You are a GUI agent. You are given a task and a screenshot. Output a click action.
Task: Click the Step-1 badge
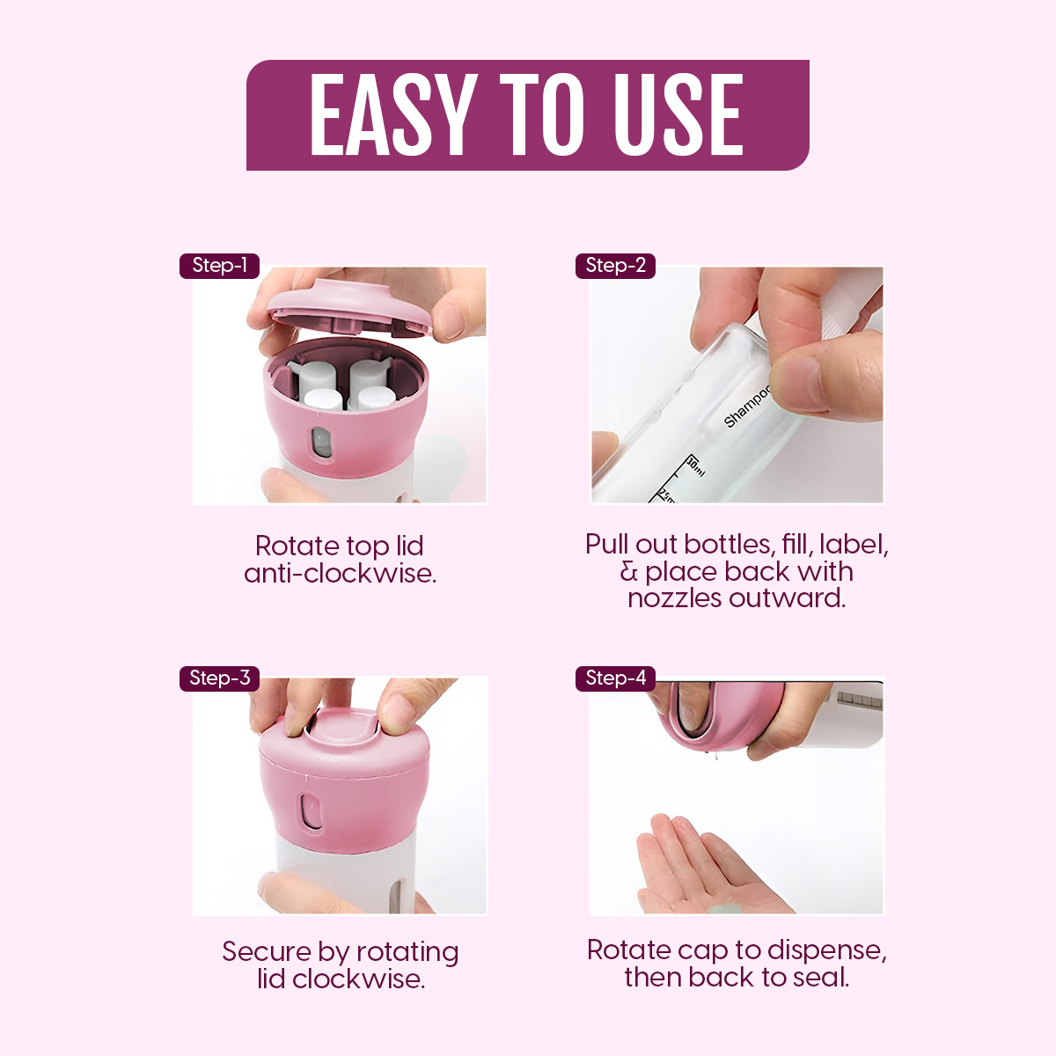tap(219, 266)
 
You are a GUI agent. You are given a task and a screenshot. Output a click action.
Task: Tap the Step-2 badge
tap(615, 266)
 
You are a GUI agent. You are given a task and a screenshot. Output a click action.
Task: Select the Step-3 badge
tap(219, 678)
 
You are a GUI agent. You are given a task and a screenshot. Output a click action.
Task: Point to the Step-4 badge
tap(615, 678)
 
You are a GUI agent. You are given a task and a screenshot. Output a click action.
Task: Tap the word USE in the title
tap(678, 114)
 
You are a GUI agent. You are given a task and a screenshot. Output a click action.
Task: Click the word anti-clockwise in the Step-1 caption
tap(340, 574)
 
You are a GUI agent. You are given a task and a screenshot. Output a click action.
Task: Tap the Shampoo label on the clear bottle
tap(747, 406)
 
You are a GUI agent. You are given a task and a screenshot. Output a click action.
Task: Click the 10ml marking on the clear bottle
tap(695, 466)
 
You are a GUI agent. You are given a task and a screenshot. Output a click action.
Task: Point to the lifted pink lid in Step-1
tap(349, 310)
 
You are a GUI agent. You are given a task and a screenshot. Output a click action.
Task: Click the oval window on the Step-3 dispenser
tap(310, 811)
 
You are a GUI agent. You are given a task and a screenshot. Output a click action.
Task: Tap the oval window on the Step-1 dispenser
tap(321, 442)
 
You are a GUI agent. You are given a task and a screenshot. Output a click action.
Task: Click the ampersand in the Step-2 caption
tap(628, 572)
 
